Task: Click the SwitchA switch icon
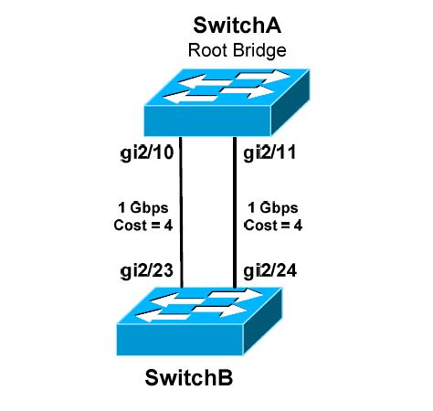pos(219,96)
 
